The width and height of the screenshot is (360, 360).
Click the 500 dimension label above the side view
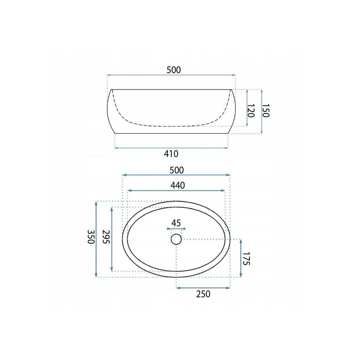tap(174, 70)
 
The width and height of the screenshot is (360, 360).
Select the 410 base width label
tap(171, 154)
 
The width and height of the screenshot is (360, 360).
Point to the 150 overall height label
tap(265, 111)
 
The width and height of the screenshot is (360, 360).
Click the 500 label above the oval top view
tap(177, 170)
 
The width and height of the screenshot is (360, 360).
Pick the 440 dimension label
tap(177, 185)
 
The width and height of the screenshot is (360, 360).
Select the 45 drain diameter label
tap(176, 223)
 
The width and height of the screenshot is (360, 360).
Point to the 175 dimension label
tap(246, 259)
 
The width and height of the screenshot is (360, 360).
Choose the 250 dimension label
tap(203, 294)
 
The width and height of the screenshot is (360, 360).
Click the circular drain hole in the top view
tap(176, 239)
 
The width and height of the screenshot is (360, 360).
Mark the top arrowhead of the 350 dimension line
tap(96, 203)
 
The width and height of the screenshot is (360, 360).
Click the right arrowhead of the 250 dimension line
tap(228, 287)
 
